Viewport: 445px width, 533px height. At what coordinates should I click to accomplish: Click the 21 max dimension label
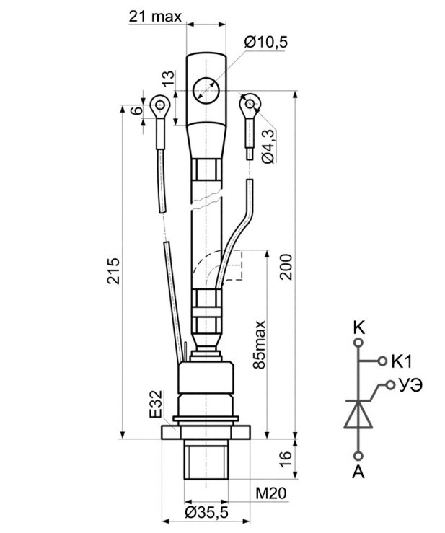coord(155,16)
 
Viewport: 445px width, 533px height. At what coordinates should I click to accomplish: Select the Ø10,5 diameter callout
coord(266,42)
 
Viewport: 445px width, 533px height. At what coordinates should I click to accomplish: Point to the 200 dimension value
coord(286,267)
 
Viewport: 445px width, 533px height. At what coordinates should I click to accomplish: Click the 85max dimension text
coord(260,344)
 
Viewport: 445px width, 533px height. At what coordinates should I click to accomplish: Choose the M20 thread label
coord(271,493)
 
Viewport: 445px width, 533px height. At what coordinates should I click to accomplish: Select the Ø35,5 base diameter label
coord(207,513)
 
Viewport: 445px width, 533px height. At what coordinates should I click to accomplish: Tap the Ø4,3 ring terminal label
coord(268,146)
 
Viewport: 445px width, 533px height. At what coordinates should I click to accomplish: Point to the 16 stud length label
coord(286,459)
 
